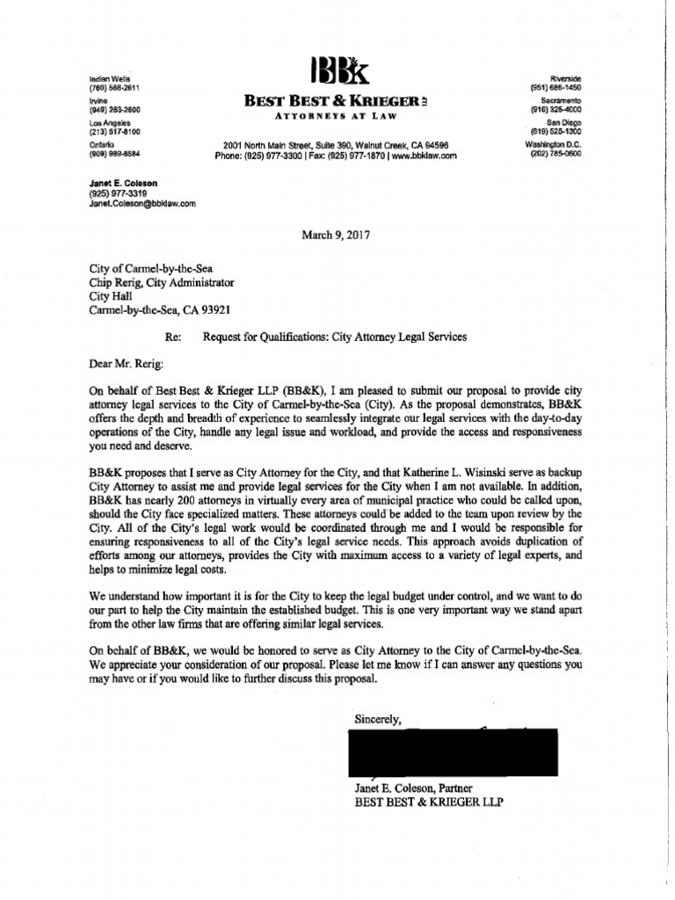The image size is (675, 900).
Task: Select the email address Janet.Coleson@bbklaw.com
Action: coord(142,202)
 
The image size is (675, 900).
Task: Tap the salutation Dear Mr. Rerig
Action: coord(125,363)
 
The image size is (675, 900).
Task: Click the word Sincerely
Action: coord(378,718)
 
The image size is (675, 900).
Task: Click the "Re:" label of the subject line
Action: coord(173,337)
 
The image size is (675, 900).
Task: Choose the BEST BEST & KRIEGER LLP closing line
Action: coord(429,802)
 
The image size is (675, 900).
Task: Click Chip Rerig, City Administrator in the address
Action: coord(162,283)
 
